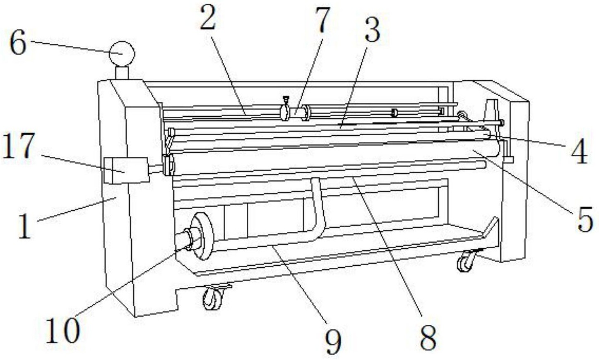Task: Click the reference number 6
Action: [18, 42]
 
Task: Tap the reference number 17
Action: [19, 146]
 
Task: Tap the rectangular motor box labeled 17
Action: [126, 170]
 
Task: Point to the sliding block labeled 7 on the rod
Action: [295, 112]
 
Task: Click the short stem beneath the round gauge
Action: [122, 73]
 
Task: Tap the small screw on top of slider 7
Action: [286, 101]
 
